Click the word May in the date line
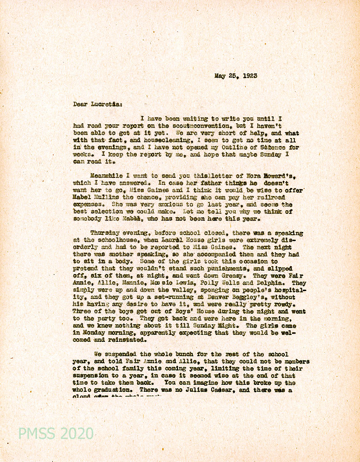(220, 76)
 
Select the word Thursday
(107, 233)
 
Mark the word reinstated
(128, 340)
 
